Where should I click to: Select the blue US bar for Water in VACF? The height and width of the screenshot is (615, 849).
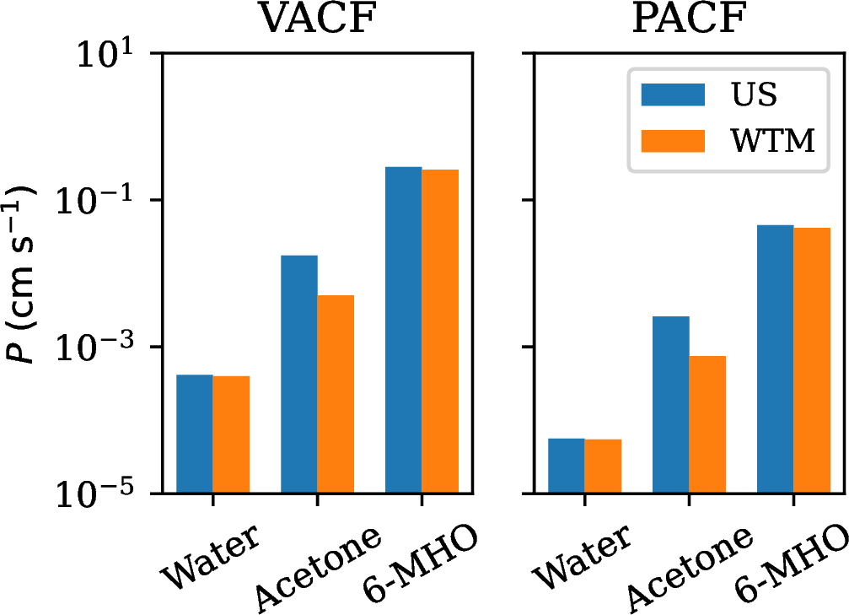(194, 434)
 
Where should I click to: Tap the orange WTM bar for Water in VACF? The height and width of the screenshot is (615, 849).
(231, 434)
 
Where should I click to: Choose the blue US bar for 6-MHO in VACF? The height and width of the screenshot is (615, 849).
(403, 330)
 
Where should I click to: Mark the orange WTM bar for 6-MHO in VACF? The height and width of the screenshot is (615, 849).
(440, 331)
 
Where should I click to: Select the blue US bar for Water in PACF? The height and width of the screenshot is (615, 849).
(566, 466)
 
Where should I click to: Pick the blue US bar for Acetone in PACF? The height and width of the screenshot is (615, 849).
(670, 405)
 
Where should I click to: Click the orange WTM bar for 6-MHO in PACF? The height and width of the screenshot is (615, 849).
(812, 360)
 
